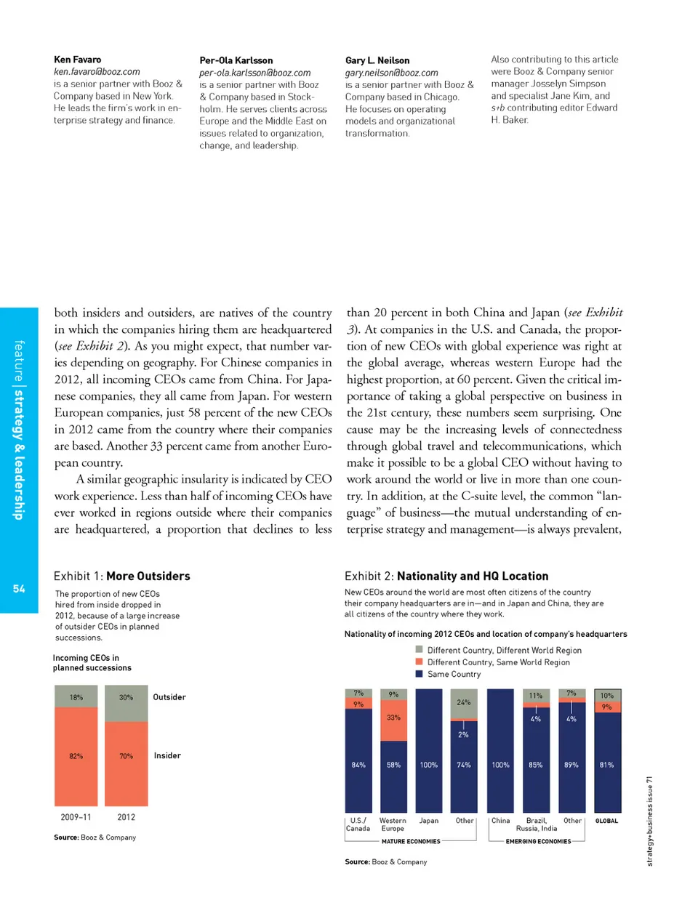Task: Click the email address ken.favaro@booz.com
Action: click(x=97, y=72)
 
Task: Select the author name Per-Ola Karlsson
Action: click(x=236, y=60)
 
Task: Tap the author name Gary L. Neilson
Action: click(x=377, y=60)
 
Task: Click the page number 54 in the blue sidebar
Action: click(x=19, y=589)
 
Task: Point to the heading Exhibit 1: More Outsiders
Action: click(x=121, y=576)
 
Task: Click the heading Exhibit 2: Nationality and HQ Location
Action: click(x=446, y=576)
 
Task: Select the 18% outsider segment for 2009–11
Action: click(x=76, y=697)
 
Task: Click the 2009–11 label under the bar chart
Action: click(x=76, y=817)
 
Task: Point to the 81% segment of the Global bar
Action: click(x=607, y=763)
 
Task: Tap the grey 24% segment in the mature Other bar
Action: click(x=464, y=703)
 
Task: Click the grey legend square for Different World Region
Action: click(x=419, y=649)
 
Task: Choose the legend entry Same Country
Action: click(x=454, y=674)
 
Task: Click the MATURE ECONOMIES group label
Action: click(x=411, y=841)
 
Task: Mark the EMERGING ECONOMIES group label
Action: click(x=538, y=841)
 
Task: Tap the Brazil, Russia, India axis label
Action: click(x=537, y=824)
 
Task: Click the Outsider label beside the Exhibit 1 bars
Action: click(x=169, y=697)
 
